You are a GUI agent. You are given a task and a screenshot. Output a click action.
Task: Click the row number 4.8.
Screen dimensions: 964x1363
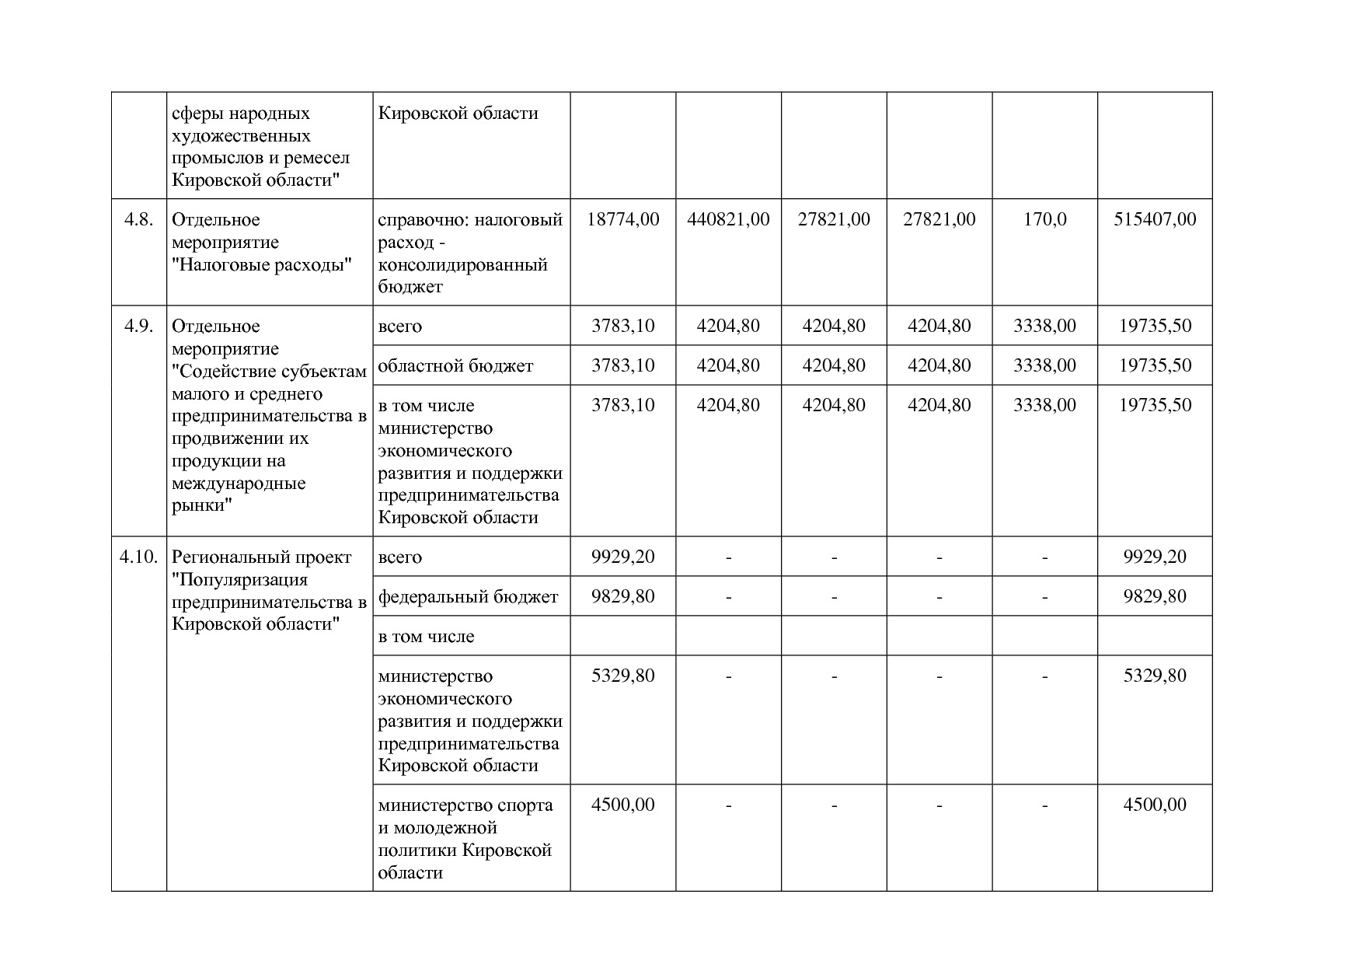click(x=138, y=219)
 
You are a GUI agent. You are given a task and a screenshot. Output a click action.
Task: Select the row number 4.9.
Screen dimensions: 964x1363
click(x=138, y=326)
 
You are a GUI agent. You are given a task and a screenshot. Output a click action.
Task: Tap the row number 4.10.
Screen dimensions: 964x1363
click(x=138, y=557)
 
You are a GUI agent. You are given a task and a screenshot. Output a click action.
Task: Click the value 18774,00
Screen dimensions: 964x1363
click(x=622, y=219)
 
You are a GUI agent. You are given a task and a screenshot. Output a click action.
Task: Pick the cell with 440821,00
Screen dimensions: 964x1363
click(x=728, y=219)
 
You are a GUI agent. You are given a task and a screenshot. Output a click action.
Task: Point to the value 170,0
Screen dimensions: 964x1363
click(x=1044, y=219)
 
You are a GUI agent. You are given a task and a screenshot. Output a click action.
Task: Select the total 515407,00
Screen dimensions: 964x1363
click(x=1155, y=219)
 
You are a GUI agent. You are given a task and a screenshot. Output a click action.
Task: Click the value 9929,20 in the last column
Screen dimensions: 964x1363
click(x=1155, y=557)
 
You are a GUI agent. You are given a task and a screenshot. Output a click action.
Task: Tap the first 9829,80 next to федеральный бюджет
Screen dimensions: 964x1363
click(x=622, y=596)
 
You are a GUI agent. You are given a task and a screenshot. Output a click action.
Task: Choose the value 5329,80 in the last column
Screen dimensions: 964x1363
click(x=1155, y=676)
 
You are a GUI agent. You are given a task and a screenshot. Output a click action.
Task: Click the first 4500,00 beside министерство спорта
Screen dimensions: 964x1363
click(x=622, y=805)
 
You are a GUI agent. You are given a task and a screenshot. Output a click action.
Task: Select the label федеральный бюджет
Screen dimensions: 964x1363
click(x=468, y=596)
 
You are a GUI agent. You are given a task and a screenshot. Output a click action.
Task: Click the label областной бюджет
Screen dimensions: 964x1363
click(x=455, y=365)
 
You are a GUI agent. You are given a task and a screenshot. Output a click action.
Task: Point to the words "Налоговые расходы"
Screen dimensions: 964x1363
click(x=262, y=264)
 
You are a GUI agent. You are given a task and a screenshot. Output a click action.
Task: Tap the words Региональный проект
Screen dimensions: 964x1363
click(x=261, y=557)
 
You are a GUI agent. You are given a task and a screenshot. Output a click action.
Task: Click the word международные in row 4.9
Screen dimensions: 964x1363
click(x=239, y=484)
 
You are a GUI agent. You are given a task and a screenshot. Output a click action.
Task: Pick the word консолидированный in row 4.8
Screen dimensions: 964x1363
click(x=462, y=264)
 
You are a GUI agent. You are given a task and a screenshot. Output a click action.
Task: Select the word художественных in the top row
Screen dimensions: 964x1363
click(x=241, y=136)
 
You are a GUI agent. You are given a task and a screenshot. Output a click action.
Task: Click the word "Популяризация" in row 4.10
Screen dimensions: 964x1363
click(x=239, y=579)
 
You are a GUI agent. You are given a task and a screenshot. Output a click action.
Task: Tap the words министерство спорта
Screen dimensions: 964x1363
click(x=465, y=805)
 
